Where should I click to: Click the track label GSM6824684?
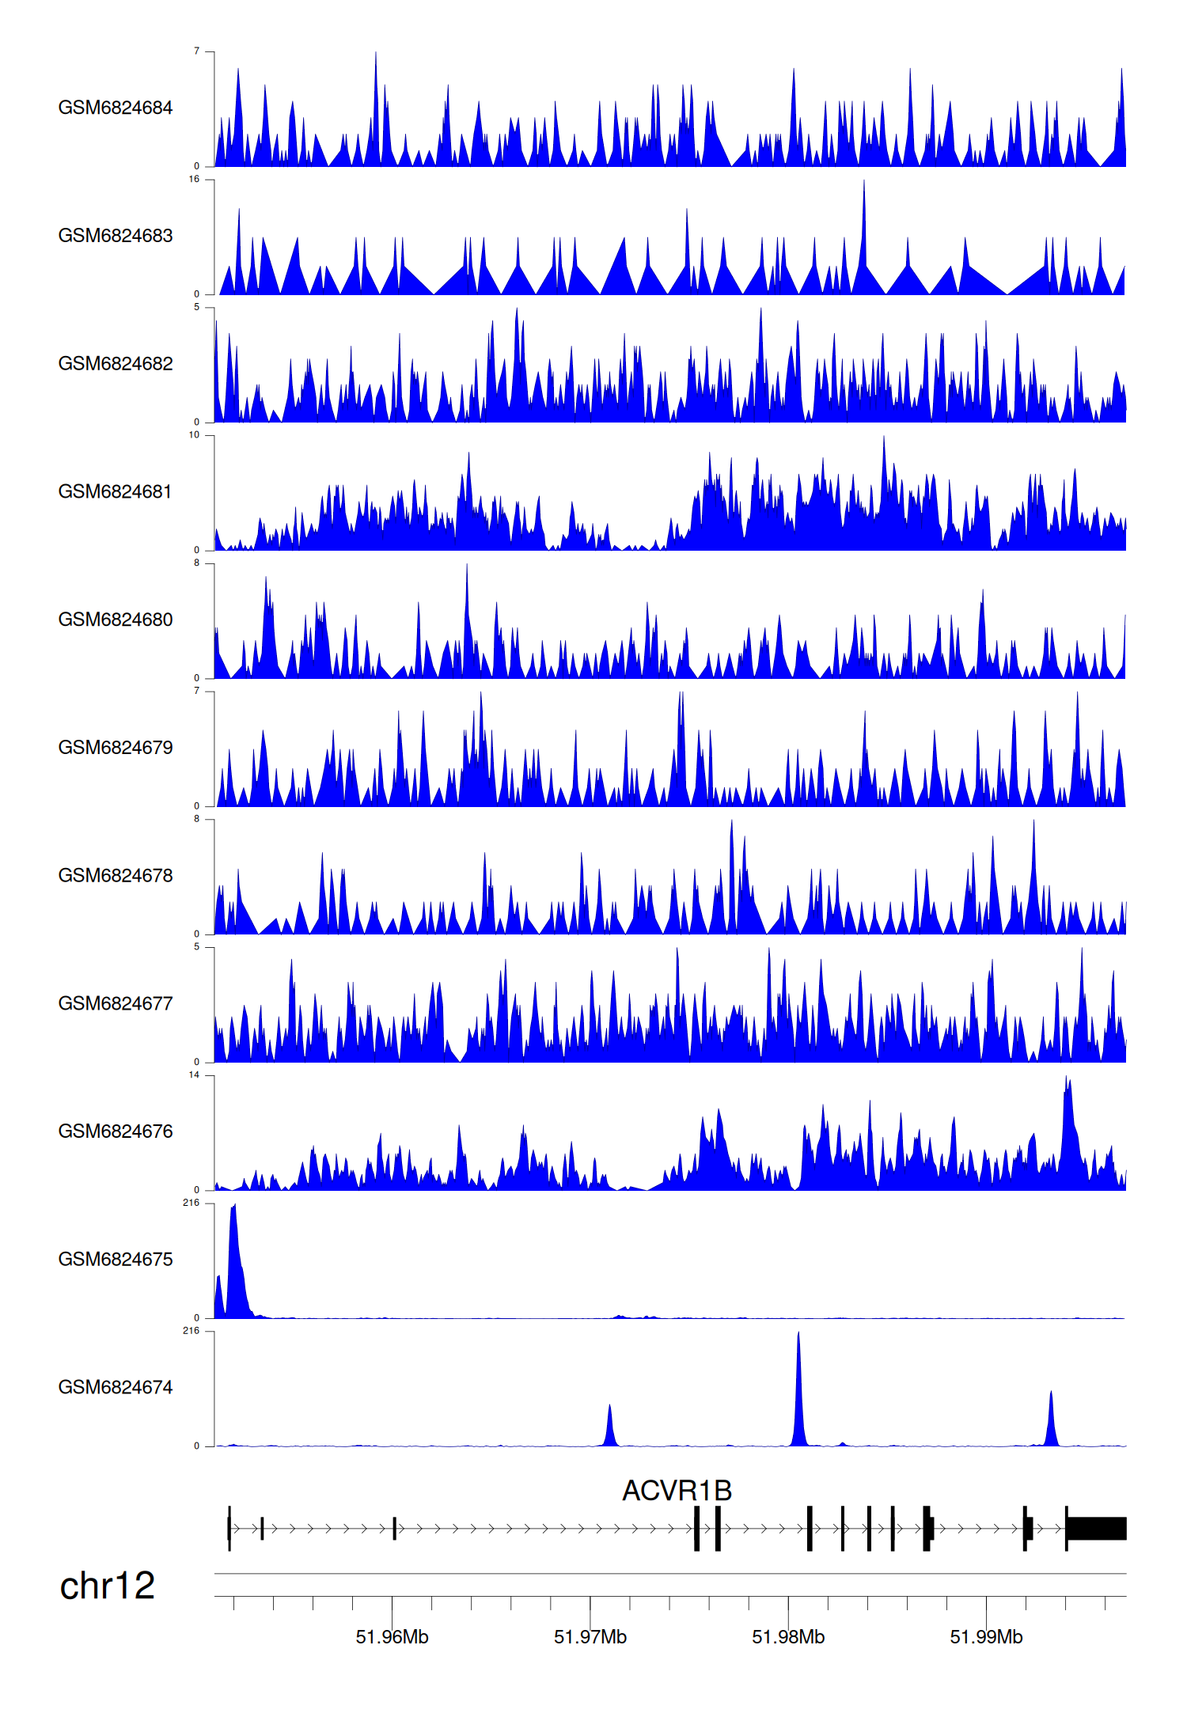[116, 108]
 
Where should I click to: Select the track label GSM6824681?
[116, 491]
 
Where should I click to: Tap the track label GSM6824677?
[116, 1003]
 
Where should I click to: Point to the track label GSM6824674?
[116, 1387]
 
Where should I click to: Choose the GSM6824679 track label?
[116, 748]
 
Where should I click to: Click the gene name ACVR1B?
[677, 1491]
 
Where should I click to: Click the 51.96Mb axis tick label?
[392, 1637]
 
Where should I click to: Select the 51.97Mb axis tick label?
[590, 1637]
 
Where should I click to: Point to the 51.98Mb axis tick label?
[788, 1637]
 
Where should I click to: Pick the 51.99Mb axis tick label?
[986, 1637]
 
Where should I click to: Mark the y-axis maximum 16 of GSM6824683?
[194, 180]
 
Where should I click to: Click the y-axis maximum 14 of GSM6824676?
[194, 1075]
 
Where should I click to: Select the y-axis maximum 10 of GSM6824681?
[194, 435]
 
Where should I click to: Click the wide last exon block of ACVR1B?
[1097, 1528]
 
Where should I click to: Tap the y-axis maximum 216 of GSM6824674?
[192, 1331]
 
